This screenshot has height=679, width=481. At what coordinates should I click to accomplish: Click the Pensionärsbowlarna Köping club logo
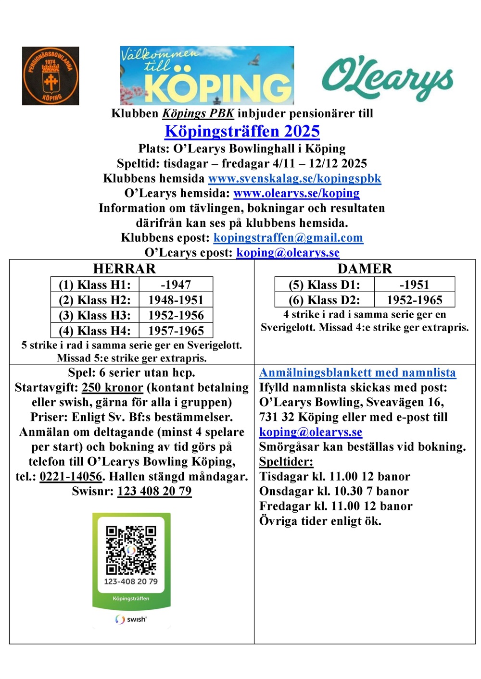coord(51,76)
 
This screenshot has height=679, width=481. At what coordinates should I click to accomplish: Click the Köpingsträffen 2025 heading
coord(242,131)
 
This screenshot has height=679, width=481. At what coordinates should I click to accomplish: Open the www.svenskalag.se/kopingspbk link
coord(294,178)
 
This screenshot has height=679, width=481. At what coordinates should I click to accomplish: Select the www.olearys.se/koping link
coord(296,193)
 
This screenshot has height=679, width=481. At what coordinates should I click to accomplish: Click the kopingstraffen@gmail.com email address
coord(288,238)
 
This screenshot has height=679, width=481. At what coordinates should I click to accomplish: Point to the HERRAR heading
coord(125,269)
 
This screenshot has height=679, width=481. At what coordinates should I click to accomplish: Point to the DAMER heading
coord(365,269)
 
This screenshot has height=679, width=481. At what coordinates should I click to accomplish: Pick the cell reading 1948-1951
coord(176,300)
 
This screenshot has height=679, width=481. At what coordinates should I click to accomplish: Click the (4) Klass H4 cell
coord(95,331)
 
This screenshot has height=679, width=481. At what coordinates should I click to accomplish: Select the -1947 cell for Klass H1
coord(176,284)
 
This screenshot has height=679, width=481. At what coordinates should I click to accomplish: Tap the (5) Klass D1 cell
coord(324,284)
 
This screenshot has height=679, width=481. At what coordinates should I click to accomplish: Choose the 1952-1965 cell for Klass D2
coord(414,300)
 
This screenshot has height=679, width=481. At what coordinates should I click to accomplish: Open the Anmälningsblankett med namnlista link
coord(357,372)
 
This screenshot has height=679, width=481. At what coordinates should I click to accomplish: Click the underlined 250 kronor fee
coord(113,388)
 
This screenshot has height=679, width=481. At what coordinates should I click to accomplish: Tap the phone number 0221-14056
coord(71,477)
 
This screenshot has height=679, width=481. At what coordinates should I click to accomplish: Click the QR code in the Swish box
coord(131,550)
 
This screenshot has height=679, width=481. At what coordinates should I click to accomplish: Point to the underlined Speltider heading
coord(286,462)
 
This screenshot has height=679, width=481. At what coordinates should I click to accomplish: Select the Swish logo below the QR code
coord(131,619)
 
